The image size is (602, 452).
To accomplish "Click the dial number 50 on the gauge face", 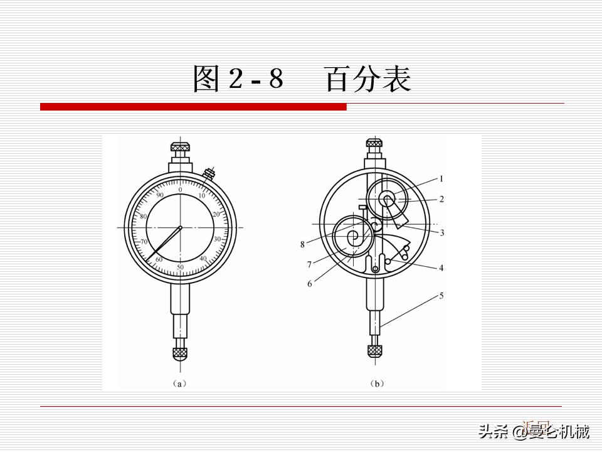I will (x=181, y=268).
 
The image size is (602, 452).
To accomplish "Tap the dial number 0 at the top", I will (x=181, y=189).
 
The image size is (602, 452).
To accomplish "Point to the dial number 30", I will (x=217, y=240).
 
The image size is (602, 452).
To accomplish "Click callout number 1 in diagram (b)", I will (x=441, y=179).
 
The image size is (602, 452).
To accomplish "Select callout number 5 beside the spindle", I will (x=441, y=295).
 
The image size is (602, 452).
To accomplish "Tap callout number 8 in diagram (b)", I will (x=302, y=244).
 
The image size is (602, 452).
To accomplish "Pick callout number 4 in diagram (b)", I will (x=441, y=268).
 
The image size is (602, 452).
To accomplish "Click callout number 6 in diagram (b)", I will (x=310, y=284).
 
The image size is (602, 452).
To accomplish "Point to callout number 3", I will (x=441, y=233).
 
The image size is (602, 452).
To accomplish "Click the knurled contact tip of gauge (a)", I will (x=181, y=353).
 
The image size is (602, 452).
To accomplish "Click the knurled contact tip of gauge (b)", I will (x=376, y=350).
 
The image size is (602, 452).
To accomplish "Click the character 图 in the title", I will (x=206, y=80).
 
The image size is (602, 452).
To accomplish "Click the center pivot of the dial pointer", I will (x=181, y=227).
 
